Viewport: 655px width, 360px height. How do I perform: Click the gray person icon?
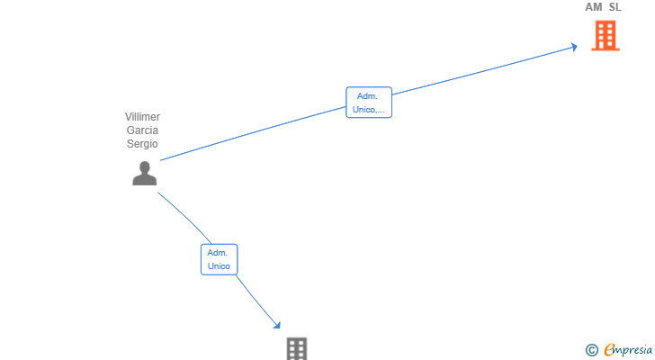[x=145, y=174]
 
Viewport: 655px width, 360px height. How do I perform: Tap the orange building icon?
[x=606, y=36]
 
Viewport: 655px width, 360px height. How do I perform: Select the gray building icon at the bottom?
[x=297, y=348]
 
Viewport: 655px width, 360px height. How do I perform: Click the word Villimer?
[x=142, y=117]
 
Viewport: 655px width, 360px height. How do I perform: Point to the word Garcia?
[x=142, y=130]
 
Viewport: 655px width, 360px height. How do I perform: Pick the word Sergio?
[x=142, y=144]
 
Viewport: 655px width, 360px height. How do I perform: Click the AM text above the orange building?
[x=594, y=7]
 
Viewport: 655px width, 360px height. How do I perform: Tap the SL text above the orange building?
[x=615, y=7]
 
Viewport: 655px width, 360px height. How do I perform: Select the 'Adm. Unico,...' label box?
[x=369, y=103]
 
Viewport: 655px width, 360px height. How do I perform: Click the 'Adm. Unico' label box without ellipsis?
[x=219, y=259]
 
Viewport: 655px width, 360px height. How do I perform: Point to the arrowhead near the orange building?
[x=575, y=47]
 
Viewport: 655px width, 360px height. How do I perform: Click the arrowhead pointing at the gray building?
[x=277, y=325]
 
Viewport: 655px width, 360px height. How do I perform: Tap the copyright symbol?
[x=591, y=350]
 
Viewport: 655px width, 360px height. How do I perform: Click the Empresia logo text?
[x=628, y=350]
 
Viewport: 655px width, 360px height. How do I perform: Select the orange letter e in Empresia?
[x=610, y=350]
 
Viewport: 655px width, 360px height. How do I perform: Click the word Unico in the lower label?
[x=219, y=266]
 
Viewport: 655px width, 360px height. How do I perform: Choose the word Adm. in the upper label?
[x=367, y=96]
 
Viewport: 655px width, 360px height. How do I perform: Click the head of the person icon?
[x=145, y=167]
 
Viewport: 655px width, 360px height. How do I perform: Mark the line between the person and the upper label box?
[x=253, y=133]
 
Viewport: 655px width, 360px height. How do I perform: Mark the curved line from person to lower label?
[x=187, y=217]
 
